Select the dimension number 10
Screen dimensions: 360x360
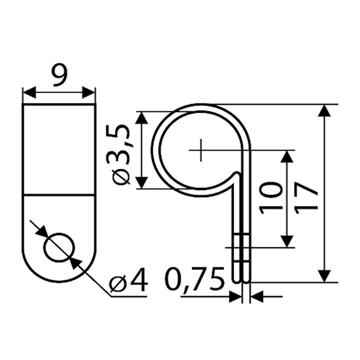pos(270,198)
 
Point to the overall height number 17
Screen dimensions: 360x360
pos(306,198)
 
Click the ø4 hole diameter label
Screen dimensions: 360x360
pos(128,279)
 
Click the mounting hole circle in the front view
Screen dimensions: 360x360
pos(59,247)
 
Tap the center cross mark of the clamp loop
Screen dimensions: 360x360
pos(201,150)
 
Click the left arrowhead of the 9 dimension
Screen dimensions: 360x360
pos(30,92)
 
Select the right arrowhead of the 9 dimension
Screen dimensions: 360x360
pos(88,92)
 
